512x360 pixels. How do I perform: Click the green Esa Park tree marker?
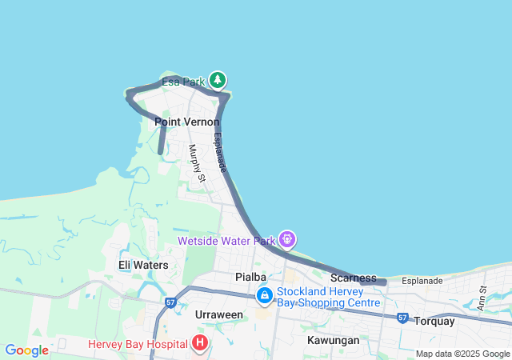click(218, 80)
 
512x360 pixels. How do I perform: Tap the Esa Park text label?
click(183, 82)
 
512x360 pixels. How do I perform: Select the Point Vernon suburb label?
click(186, 122)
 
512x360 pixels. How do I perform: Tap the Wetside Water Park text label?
click(226, 239)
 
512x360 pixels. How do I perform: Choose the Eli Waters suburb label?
click(143, 265)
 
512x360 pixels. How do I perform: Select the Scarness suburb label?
click(353, 278)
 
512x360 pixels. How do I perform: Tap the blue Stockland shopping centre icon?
click(264, 295)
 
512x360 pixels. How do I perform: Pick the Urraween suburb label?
click(218, 314)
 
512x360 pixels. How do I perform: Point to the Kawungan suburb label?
click(333, 340)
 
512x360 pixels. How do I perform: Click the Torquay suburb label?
click(434, 321)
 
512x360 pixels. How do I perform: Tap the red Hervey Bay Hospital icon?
click(200, 344)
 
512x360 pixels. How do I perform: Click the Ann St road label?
click(482, 300)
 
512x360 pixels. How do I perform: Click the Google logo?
click(27, 350)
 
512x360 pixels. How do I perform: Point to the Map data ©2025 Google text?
click(462, 354)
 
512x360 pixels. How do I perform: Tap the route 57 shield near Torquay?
click(402, 318)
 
